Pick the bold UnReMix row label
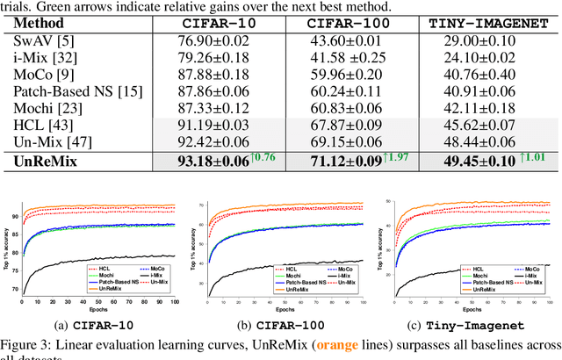click(x=47, y=161)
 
